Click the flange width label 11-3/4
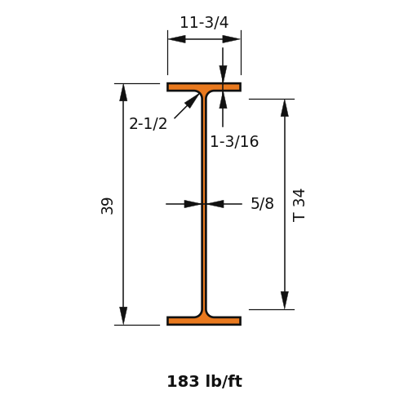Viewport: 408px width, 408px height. click(204, 22)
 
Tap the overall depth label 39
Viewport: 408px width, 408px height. click(107, 206)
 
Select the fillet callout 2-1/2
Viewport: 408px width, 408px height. click(148, 123)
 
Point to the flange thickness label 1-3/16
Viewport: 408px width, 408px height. click(234, 141)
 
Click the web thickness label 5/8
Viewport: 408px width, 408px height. click(262, 203)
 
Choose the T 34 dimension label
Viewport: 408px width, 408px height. click(299, 206)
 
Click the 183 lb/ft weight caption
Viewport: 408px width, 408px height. click(204, 381)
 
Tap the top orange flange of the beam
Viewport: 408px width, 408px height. click(204, 87)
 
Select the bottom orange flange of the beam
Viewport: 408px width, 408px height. click(204, 321)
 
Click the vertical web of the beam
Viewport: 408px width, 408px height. click(204, 204)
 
